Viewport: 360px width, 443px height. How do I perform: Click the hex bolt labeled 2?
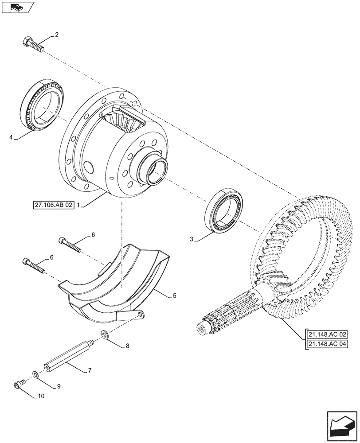(x=32, y=44)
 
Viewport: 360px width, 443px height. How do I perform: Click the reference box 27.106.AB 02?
(x=52, y=206)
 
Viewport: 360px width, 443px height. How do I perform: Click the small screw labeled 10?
(x=20, y=385)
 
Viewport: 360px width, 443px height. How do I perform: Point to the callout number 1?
(x=78, y=206)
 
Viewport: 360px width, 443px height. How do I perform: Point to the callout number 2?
(x=57, y=34)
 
